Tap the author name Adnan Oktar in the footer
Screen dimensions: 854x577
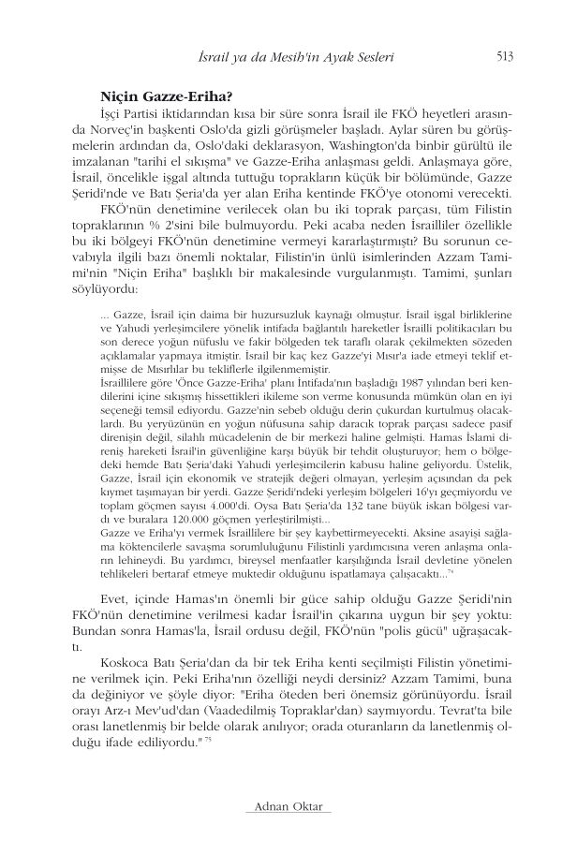point(287,807)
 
